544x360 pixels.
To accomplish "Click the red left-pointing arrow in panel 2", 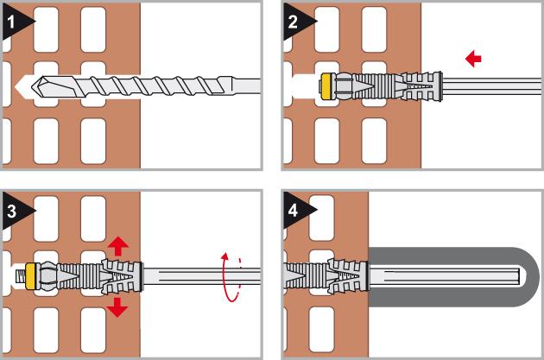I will [472, 59].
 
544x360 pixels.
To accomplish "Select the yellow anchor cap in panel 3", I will [31, 276].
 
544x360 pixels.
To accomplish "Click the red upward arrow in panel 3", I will [119, 244].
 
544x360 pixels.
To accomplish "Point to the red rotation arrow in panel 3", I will [230, 277].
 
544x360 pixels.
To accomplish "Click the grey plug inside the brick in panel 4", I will [328, 276].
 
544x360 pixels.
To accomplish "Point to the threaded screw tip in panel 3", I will [18, 276].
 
